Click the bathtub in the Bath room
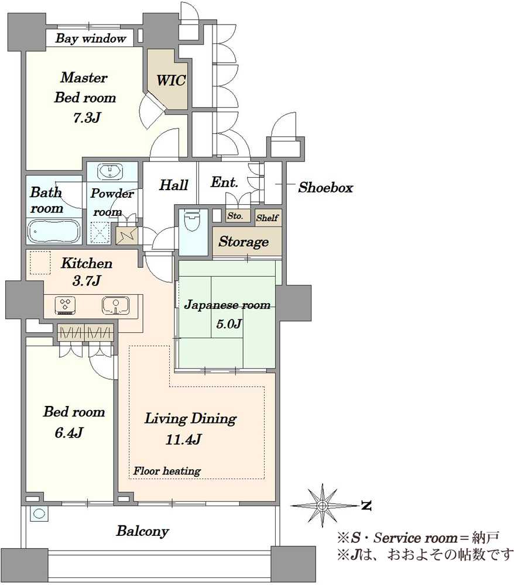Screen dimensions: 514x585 coord(54,231)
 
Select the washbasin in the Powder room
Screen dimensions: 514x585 coord(109,172)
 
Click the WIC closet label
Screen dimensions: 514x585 coord(171,80)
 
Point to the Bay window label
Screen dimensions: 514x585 coord(91,39)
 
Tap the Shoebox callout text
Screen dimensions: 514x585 coord(325,187)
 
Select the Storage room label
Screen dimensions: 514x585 coord(244,242)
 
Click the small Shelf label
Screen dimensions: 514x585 coord(268,218)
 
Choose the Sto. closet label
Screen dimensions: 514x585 coord(235,216)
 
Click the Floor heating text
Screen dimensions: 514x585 coord(167,471)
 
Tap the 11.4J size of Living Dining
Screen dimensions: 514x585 coord(183,439)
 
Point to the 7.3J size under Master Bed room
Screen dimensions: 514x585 coord(87,118)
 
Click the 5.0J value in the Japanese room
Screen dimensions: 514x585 coord(229,324)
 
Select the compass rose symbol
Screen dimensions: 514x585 coord(322,505)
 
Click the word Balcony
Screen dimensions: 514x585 coord(143,531)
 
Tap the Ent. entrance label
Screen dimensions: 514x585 coord(224,182)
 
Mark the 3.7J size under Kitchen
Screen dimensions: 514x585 coord(87,280)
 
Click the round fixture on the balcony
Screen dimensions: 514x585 coord(39,514)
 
